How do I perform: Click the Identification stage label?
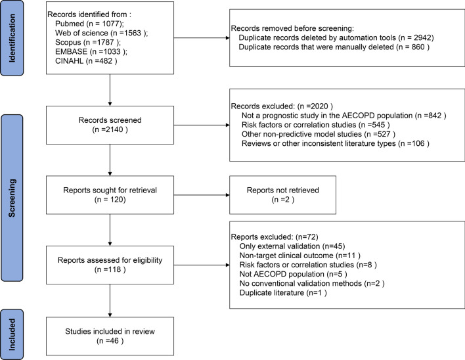[12, 38]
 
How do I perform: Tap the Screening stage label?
[12, 198]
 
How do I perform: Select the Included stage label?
[12, 334]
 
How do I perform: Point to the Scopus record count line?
[88, 43]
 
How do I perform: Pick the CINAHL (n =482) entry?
[86, 61]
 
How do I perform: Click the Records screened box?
[110, 125]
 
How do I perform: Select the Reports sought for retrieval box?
[110, 195]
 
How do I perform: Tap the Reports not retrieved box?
[282, 195]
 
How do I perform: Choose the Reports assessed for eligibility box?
[110, 265]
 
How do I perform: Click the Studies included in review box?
[110, 336]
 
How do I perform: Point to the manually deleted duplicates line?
[334, 47]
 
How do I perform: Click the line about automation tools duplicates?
[336, 37]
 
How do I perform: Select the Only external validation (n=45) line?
[292, 246]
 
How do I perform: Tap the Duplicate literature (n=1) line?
[283, 293]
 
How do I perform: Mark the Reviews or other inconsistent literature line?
[336, 143]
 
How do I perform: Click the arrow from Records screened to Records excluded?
[202, 125]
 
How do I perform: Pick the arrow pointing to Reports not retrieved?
[202, 195]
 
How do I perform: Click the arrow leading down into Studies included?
[110, 300]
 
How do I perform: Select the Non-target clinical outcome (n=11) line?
[299, 256]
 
